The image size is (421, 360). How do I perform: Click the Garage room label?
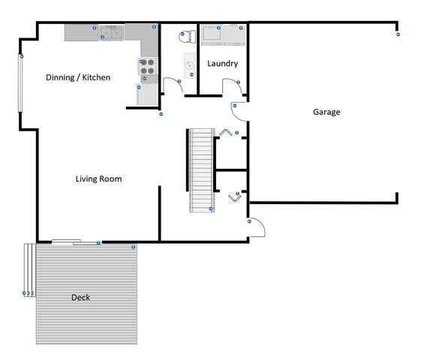click(326, 112)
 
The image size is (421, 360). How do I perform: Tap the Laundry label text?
click(223, 64)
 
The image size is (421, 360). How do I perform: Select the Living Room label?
click(98, 178)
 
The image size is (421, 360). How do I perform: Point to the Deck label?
click(80, 297)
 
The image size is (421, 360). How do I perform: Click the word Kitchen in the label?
click(96, 77)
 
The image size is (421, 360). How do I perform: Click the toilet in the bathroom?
click(188, 37)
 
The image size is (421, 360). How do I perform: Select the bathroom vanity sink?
click(190, 65)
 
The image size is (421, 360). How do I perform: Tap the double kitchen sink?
click(111, 33)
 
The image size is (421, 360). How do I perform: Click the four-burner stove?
click(148, 66)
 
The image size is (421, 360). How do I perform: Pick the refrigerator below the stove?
click(146, 94)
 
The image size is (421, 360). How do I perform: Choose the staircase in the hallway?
click(202, 170)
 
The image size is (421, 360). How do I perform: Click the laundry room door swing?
click(232, 86)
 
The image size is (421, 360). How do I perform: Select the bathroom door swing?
click(173, 85)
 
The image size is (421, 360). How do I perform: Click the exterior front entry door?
click(257, 227)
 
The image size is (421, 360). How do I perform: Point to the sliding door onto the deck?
click(77, 242)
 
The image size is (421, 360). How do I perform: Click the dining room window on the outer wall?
click(20, 83)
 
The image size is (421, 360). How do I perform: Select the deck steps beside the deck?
click(30, 270)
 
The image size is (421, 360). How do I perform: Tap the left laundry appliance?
click(212, 35)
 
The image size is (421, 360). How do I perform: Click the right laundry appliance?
click(234, 35)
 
